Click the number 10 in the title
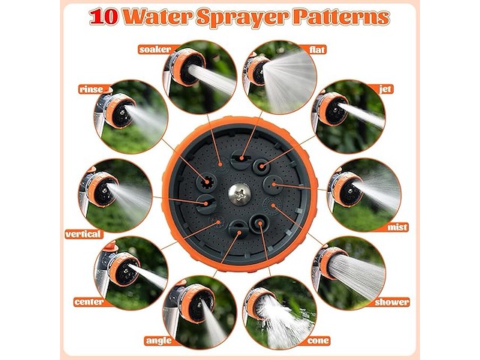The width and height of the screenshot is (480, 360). (x=103, y=16)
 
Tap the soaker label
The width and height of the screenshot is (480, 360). (x=154, y=49)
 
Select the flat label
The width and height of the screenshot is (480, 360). (x=316, y=49)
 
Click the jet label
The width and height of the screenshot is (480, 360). (x=385, y=88)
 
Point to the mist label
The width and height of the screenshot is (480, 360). (x=397, y=227)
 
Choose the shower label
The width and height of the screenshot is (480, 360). (x=391, y=302)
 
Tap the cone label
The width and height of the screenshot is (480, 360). (x=318, y=340)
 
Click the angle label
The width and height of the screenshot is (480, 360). (x=159, y=340)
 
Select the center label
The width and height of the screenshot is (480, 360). (x=88, y=302)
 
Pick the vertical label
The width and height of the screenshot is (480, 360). (x=83, y=235)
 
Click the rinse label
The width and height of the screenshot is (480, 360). (x=91, y=89)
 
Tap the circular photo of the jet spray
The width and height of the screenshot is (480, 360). (x=348, y=116)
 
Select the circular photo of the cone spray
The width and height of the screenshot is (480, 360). (x=280, y=312)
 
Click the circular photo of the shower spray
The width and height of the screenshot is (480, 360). (x=349, y=273)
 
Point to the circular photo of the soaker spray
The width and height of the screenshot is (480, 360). (x=200, y=76)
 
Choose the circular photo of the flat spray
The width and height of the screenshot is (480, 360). (x=280, y=76)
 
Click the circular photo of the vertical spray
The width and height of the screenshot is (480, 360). (x=115, y=195)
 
